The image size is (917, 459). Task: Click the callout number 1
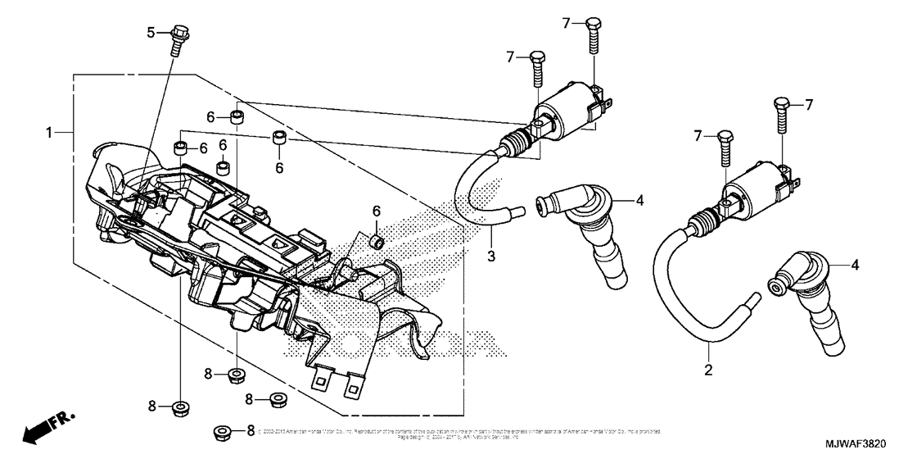(x=49, y=132)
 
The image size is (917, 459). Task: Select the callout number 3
(x=492, y=257)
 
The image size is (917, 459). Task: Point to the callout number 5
(x=151, y=32)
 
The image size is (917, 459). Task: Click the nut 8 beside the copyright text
(x=221, y=432)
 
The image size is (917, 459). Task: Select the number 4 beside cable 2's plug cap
(x=856, y=265)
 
